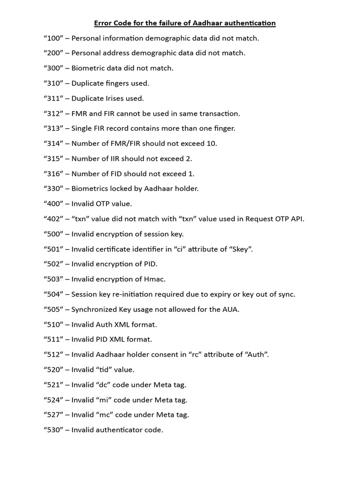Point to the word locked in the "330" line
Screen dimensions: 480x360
121,188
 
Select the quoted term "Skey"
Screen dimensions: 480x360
240,248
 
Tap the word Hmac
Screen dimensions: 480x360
155,278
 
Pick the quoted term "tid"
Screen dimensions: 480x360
105,369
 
